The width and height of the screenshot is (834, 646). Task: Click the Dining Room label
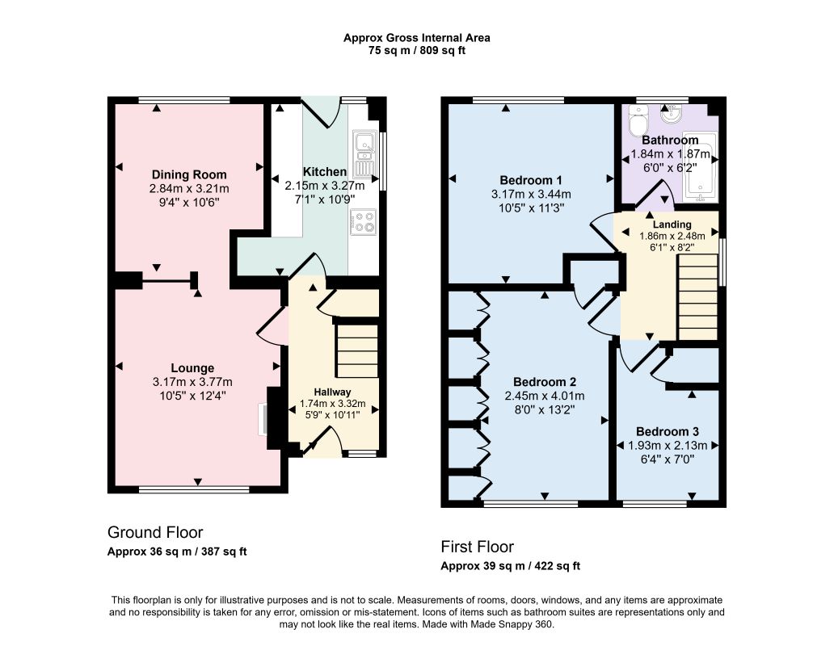click(189, 174)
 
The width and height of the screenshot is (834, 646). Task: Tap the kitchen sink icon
click(364, 153)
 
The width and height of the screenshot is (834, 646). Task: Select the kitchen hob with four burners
click(364, 222)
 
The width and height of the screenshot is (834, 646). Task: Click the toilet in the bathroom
click(637, 120)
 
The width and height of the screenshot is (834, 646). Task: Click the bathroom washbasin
click(673, 114)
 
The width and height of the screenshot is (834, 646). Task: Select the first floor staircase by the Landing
click(698, 296)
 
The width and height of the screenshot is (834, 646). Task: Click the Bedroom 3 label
click(667, 431)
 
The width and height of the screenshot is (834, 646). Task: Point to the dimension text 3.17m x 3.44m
click(531, 194)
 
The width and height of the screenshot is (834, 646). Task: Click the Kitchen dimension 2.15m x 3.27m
click(324, 186)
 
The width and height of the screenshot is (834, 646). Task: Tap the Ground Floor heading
click(155, 532)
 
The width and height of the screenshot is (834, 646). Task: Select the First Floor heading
click(477, 547)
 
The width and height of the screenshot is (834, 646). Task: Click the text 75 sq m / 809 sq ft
click(417, 51)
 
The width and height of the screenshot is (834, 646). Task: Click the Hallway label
click(332, 392)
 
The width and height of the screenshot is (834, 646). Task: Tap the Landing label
click(672, 224)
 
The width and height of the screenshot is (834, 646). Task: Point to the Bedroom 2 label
click(545, 382)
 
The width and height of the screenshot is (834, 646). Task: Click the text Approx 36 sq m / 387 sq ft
click(177, 552)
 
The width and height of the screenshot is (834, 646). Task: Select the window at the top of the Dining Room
click(184, 99)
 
